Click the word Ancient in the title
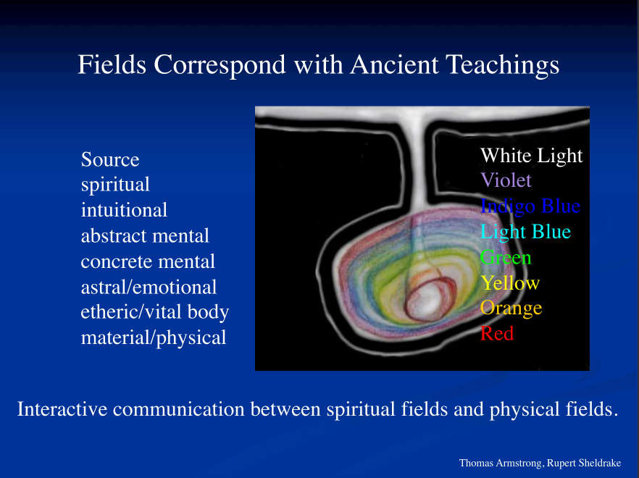point(394,64)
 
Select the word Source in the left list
point(110,159)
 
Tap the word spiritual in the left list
point(115,185)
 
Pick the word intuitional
point(124,210)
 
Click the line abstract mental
point(145,235)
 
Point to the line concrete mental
point(148,261)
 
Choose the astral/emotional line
point(149,287)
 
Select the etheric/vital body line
point(155,312)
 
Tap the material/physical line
point(154,337)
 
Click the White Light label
point(532,156)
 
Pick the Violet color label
point(506,180)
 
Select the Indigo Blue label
point(530,206)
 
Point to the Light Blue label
point(526,232)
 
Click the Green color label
point(506,258)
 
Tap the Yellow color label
point(510,282)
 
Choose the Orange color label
point(511,309)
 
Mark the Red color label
point(497,334)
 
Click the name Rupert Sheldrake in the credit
point(584,464)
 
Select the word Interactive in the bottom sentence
point(62,408)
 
